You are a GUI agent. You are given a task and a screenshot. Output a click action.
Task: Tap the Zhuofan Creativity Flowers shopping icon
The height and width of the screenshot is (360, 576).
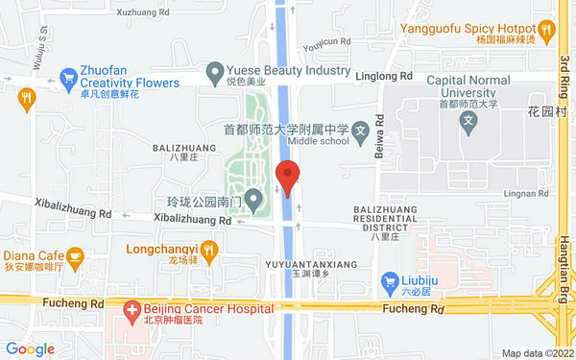pos(68,77)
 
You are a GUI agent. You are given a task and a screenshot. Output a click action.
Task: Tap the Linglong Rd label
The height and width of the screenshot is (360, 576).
pos(383,75)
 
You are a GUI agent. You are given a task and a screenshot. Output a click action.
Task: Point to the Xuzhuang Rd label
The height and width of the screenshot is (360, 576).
pos(142,13)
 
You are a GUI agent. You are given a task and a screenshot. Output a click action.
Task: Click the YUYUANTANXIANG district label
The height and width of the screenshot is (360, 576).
pos(310,263)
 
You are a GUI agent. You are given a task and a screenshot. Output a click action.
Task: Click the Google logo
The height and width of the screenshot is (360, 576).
pos(30,348)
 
